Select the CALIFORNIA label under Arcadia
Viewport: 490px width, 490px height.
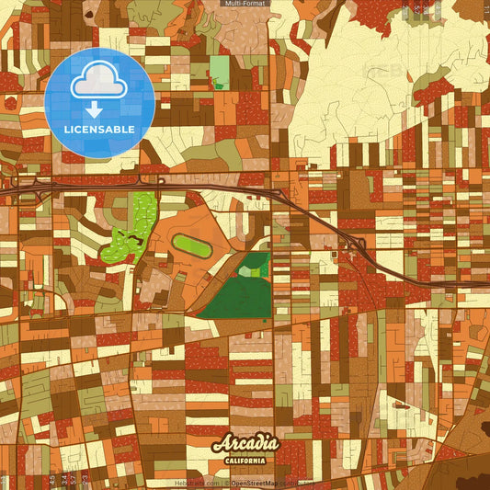click(245, 461)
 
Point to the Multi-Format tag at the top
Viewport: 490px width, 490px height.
click(244, 4)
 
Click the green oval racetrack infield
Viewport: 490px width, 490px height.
click(190, 245)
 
